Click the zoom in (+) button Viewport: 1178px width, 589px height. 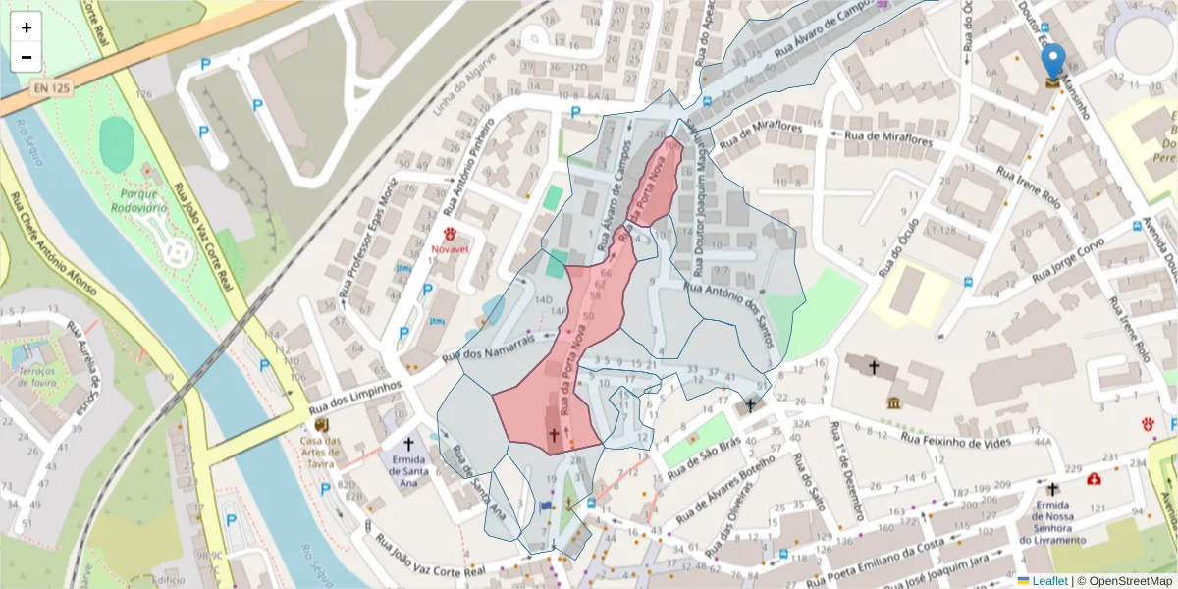[27, 27]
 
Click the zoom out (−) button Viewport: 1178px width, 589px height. [27, 57]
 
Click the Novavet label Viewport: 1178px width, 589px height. [452, 249]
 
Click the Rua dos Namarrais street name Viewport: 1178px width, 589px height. [487, 348]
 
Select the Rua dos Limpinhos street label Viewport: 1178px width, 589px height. [355, 398]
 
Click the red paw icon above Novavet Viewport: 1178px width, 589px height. [451, 234]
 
